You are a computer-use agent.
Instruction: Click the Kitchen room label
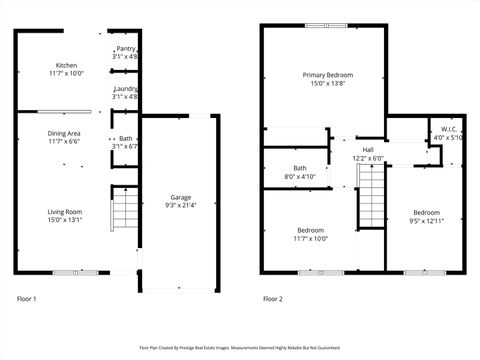(66, 65)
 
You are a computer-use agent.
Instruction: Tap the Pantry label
(125, 48)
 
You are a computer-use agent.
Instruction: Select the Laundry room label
(125, 89)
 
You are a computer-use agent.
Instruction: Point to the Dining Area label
(65, 133)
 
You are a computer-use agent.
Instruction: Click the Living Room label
(65, 212)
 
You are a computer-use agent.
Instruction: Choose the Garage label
(180, 197)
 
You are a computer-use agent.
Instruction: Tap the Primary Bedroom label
(328, 75)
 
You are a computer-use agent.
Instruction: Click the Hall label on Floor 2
(368, 150)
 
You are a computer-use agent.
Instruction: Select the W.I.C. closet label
(449, 129)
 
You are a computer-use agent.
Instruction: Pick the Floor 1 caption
(27, 299)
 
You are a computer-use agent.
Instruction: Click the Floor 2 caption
(273, 299)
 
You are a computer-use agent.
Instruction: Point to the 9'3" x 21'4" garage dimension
(180, 206)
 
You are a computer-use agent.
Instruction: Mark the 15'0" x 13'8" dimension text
(328, 84)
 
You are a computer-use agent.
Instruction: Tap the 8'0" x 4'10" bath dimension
(300, 177)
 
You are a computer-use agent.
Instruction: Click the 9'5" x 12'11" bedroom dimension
(427, 221)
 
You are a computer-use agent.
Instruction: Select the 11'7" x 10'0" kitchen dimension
(66, 73)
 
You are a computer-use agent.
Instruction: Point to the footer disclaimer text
(240, 348)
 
